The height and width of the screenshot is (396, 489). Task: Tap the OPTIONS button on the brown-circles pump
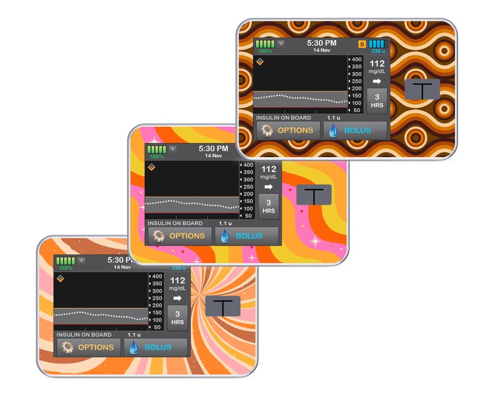click(x=288, y=131)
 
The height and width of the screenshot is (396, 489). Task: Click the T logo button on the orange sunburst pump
click(x=222, y=306)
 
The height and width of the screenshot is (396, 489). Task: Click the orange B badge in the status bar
click(x=362, y=44)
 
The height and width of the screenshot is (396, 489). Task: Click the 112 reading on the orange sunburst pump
click(x=177, y=280)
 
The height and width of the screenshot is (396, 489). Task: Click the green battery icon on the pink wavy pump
click(x=156, y=149)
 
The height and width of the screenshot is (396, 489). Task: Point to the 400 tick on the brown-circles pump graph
click(x=356, y=59)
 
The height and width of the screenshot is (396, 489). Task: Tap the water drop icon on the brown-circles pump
click(x=333, y=131)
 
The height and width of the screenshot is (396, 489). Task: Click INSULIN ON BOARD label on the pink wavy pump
click(x=175, y=223)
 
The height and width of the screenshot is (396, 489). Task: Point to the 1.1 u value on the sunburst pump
click(x=135, y=334)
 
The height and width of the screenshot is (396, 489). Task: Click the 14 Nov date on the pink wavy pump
click(x=213, y=156)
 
